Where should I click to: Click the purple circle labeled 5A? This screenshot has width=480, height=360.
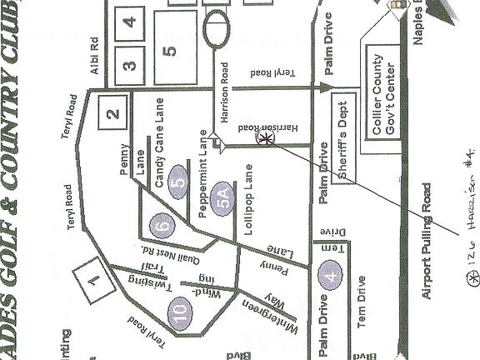[222, 200]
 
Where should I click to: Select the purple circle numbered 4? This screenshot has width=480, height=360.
[331, 277]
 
